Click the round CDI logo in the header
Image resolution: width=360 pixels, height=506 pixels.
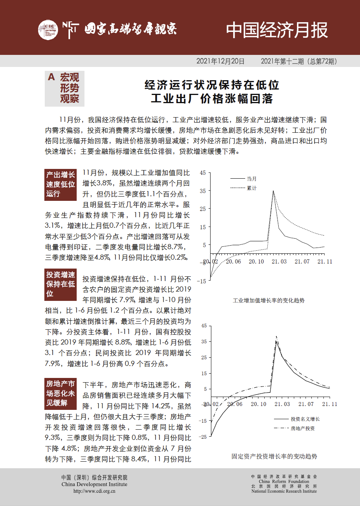(48, 30)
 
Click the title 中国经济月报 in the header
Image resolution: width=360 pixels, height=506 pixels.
(277, 30)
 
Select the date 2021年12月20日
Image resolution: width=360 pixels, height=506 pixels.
(220, 61)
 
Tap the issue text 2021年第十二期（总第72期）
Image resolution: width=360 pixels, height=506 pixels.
(299, 61)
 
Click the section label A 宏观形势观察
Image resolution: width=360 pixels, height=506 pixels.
(64, 88)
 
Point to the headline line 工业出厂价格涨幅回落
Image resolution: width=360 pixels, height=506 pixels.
(212, 98)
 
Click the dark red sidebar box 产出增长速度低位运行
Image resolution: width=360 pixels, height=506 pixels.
(61, 184)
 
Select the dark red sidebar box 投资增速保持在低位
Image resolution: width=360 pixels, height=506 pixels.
(61, 284)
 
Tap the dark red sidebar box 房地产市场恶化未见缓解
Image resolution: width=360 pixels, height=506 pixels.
(61, 394)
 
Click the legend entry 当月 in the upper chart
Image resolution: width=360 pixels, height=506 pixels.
(251, 179)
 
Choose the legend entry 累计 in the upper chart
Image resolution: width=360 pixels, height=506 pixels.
(251, 188)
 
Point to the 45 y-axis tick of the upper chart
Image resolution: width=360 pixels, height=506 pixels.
(203, 173)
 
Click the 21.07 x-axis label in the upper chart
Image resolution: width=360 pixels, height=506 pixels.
(302, 262)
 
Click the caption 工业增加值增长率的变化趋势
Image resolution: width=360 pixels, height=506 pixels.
(269, 300)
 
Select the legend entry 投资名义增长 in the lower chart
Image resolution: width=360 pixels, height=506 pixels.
(305, 419)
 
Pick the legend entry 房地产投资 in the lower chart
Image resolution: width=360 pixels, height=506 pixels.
(303, 428)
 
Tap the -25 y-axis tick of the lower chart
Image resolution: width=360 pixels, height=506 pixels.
(203, 437)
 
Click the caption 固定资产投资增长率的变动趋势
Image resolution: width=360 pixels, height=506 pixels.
(274, 456)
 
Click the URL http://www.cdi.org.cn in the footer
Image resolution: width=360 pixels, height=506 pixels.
(94, 491)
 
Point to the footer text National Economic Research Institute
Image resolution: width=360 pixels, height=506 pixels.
(284, 491)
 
